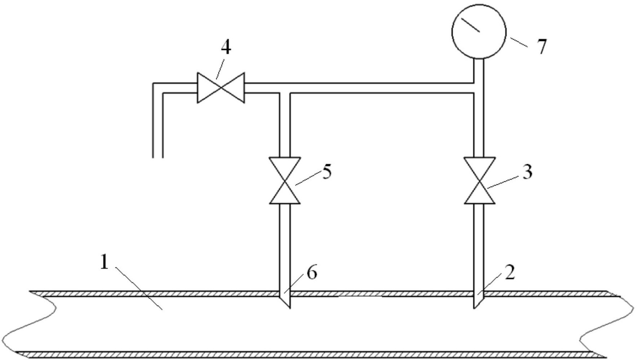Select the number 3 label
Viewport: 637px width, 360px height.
(527, 172)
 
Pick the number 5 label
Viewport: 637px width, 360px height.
(326, 172)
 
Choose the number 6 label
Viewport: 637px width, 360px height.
(312, 273)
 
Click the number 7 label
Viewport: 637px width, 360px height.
(542, 46)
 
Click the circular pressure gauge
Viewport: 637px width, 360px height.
(479, 32)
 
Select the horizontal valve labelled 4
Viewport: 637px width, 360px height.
(221, 88)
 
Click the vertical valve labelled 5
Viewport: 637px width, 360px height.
(285, 181)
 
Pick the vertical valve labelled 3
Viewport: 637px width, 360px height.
(479, 181)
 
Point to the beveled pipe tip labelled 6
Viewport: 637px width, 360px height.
(285, 300)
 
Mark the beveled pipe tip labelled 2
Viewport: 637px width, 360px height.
(479, 300)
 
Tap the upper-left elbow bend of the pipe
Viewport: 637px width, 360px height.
(158, 89)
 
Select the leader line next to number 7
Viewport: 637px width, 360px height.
(519, 42)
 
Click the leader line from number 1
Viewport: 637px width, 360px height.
(139, 288)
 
